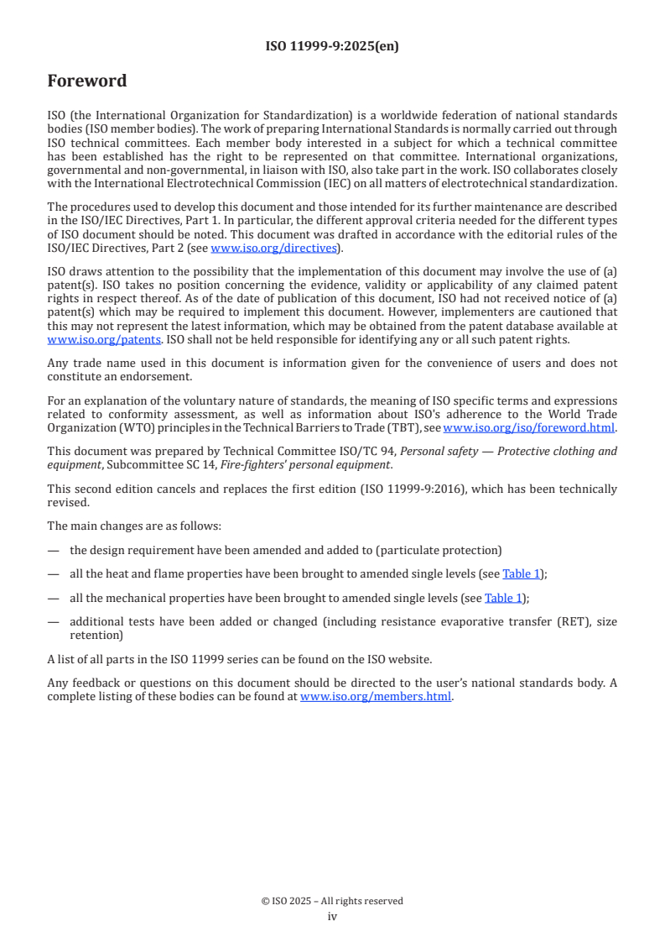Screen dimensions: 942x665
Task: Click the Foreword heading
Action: click(x=87, y=81)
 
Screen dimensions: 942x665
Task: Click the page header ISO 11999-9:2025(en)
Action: click(x=332, y=46)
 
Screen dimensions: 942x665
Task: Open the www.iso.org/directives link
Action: click(x=273, y=248)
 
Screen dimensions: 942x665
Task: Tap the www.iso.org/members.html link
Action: click(x=376, y=696)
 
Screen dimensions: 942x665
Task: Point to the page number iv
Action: click(x=332, y=916)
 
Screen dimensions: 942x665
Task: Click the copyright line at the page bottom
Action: click(x=332, y=901)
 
